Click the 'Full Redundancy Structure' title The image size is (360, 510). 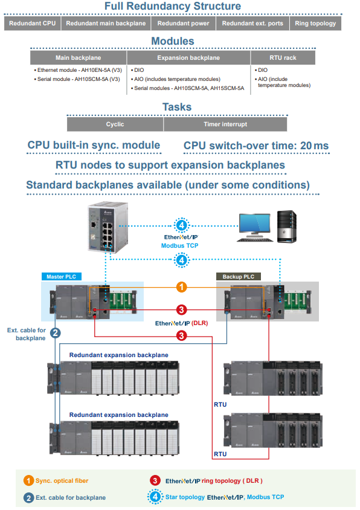(x=172, y=7)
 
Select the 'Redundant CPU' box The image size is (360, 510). (x=32, y=24)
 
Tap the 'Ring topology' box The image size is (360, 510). (x=315, y=24)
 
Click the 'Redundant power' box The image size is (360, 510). (x=184, y=24)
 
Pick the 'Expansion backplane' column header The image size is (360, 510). (x=188, y=58)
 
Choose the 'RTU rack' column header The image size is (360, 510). (x=281, y=58)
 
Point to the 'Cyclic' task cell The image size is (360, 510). (x=115, y=124)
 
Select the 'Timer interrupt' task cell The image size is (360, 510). (x=225, y=124)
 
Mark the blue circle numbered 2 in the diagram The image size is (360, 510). (x=55, y=332)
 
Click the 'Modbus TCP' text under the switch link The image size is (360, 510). (x=180, y=246)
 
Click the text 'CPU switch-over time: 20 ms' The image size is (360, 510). (x=256, y=146)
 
